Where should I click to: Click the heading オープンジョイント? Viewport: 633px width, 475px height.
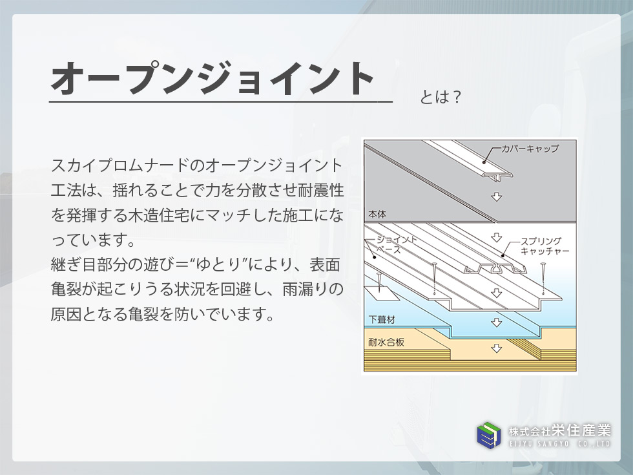[x=213, y=78]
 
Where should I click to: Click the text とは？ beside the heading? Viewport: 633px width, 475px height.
[x=441, y=97]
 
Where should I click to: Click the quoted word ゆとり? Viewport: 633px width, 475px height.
[x=221, y=265]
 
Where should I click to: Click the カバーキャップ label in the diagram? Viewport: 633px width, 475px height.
[x=530, y=149]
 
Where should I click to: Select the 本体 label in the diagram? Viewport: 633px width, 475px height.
[x=377, y=215]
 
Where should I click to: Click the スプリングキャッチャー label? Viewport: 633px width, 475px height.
[x=545, y=246]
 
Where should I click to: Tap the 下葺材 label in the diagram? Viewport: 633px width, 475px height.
[x=382, y=320]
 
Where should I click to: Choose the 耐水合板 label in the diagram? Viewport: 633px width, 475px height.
[x=386, y=343]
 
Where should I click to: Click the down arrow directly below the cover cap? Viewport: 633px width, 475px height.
[x=496, y=196]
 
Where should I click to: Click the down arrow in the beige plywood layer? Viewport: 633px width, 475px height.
[x=496, y=348]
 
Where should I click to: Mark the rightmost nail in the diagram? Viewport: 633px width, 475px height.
[x=544, y=279]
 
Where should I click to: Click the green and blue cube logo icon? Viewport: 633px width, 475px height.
[x=489, y=436]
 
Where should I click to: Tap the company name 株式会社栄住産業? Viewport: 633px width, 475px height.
[x=559, y=431]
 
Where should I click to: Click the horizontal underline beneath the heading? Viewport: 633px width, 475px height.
[x=221, y=102]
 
